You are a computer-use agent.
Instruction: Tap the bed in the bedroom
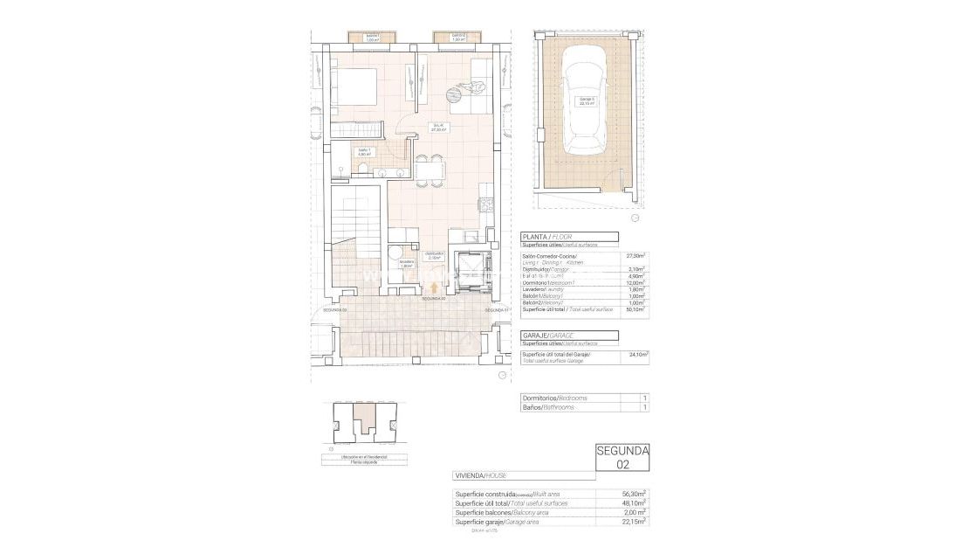coord(354,89)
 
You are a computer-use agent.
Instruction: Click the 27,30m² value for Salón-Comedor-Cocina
coord(635,256)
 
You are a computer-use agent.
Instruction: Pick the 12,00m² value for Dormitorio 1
coord(635,282)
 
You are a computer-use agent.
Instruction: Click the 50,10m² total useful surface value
coord(635,308)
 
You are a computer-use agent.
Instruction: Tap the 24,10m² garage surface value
coord(635,356)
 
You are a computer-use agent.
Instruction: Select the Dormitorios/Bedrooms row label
coord(553,398)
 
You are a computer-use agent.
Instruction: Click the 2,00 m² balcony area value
coord(635,512)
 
